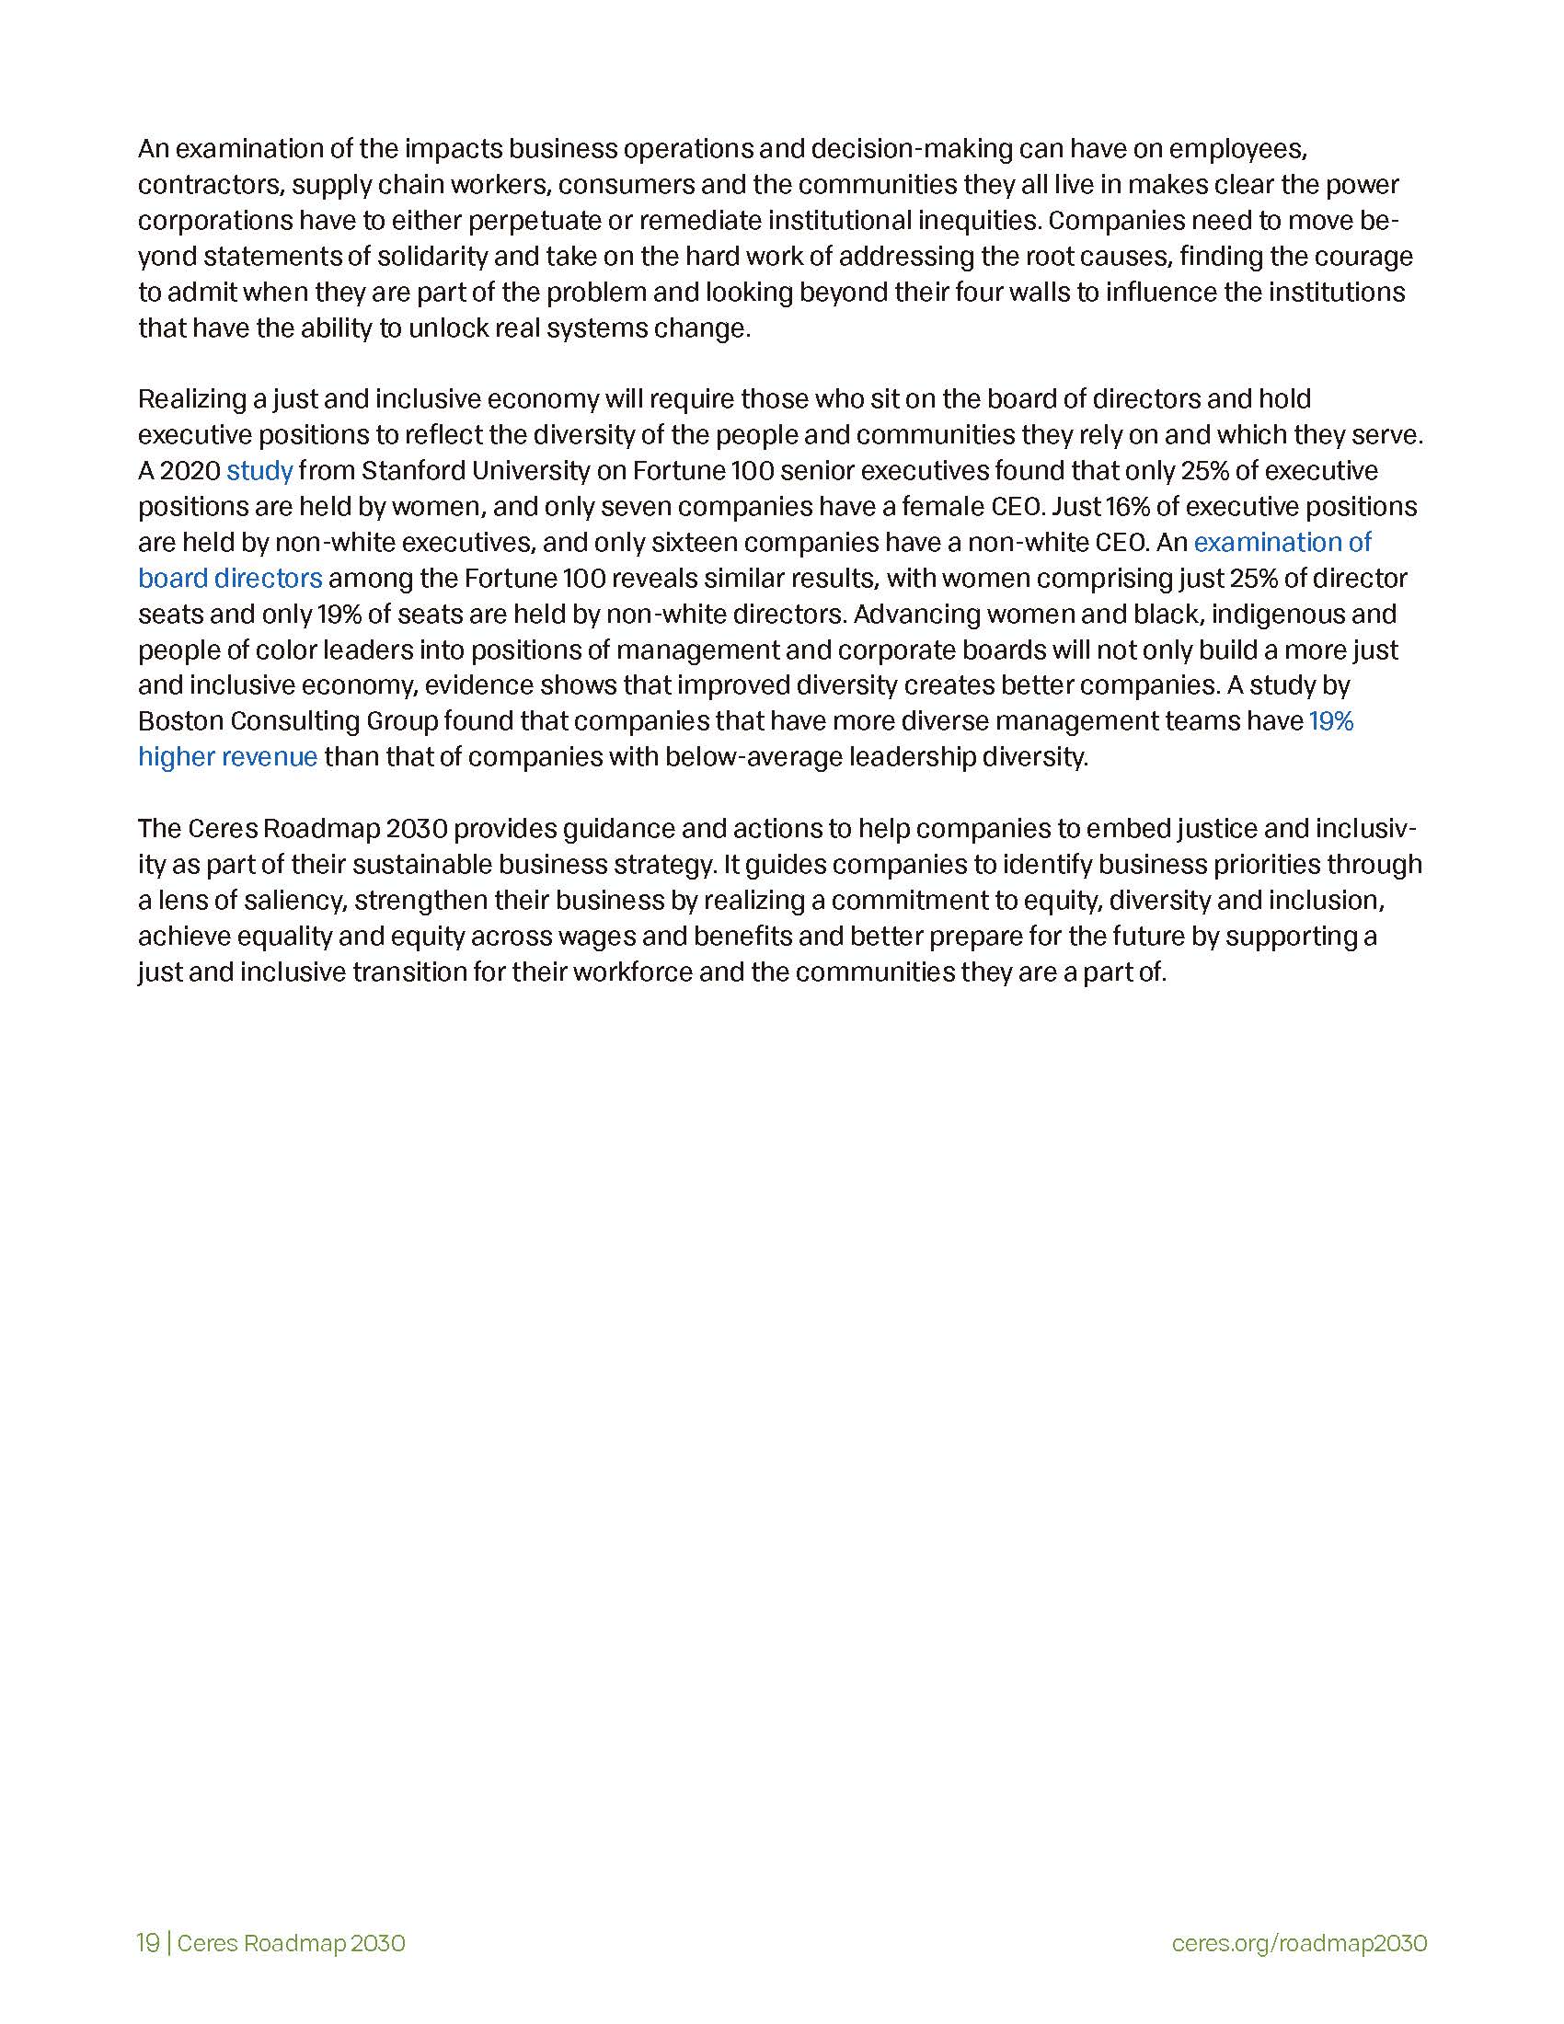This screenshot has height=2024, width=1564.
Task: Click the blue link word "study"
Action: [259, 471]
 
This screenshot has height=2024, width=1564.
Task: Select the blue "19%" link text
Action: [1330, 721]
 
